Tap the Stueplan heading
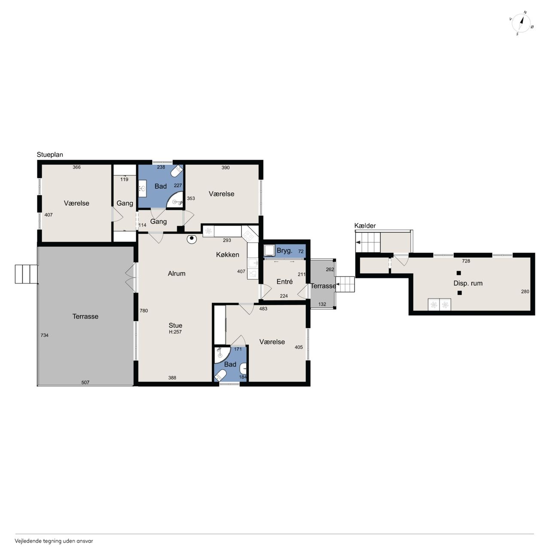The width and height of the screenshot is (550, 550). (x=50, y=155)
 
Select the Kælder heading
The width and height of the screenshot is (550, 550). (x=365, y=226)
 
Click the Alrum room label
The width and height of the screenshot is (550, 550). (x=177, y=273)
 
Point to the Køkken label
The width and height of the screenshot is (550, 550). (x=227, y=255)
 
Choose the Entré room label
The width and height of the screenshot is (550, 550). (x=284, y=282)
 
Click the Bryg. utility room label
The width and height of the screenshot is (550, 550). (x=284, y=251)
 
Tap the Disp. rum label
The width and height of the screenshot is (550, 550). (x=468, y=284)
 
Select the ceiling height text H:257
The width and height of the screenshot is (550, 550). (x=175, y=332)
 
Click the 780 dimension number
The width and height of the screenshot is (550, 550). (x=144, y=311)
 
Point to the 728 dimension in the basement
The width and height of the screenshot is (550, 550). (x=466, y=261)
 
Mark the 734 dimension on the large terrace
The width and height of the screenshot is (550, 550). (x=45, y=335)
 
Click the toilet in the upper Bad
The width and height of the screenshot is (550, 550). (x=177, y=171)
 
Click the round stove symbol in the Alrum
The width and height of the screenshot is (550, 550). (x=192, y=238)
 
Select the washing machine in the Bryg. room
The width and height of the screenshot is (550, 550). (x=269, y=251)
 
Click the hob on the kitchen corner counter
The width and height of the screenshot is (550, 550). (x=249, y=235)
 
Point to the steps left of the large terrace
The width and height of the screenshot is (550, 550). (x=26, y=274)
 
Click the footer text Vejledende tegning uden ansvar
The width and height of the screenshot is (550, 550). (x=54, y=541)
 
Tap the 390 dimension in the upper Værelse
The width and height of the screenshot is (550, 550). (x=226, y=168)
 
